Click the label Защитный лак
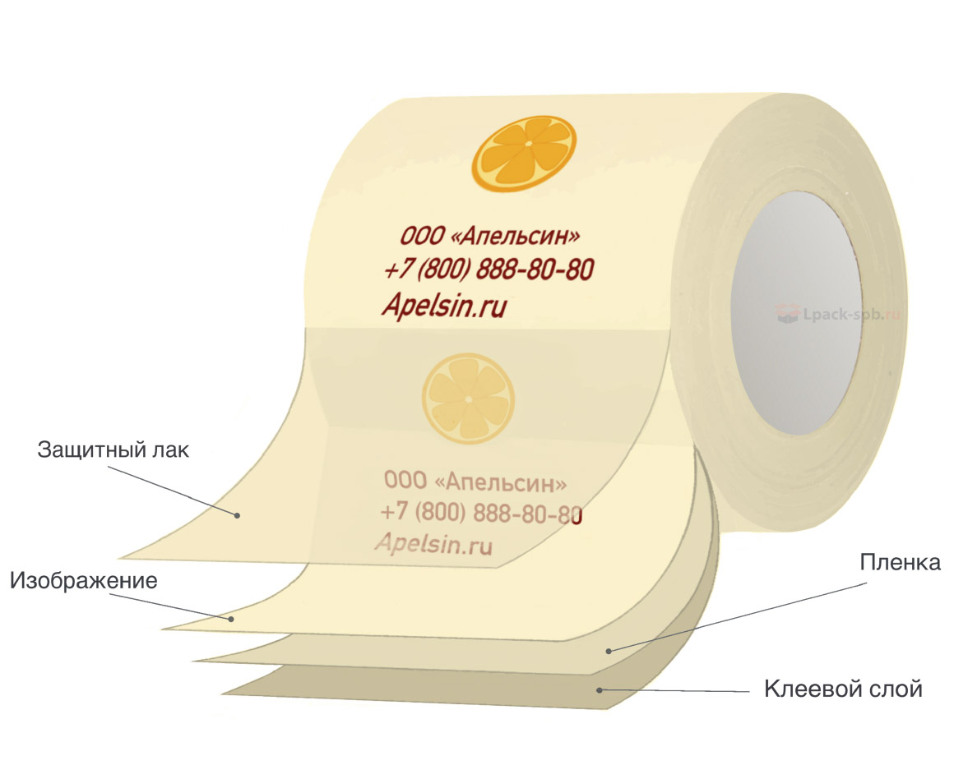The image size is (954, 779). click(x=113, y=450)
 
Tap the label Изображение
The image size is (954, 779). click(x=83, y=581)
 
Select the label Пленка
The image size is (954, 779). click(x=901, y=563)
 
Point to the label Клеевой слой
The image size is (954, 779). click(x=843, y=689)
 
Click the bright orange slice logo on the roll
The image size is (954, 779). click(x=525, y=153)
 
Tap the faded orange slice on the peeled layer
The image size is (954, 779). click(x=468, y=399)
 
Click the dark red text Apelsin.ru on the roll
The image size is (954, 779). click(x=444, y=306)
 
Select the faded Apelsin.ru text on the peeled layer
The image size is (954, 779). click(x=433, y=543)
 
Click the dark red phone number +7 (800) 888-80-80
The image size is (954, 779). click(x=489, y=269)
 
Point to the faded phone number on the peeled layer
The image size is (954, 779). click(x=480, y=513)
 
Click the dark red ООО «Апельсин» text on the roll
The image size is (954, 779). click(x=490, y=236)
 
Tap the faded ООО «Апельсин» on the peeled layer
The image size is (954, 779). click(x=475, y=482)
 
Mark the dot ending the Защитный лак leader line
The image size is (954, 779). click(x=238, y=516)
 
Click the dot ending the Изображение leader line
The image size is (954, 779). click(x=231, y=619)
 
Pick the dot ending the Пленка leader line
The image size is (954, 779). click(x=609, y=652)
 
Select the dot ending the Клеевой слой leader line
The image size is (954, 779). click(x=600, y=690)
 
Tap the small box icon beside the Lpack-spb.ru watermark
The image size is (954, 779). click(x=787, y=314)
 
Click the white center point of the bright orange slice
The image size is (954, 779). click(x=529, y=144)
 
